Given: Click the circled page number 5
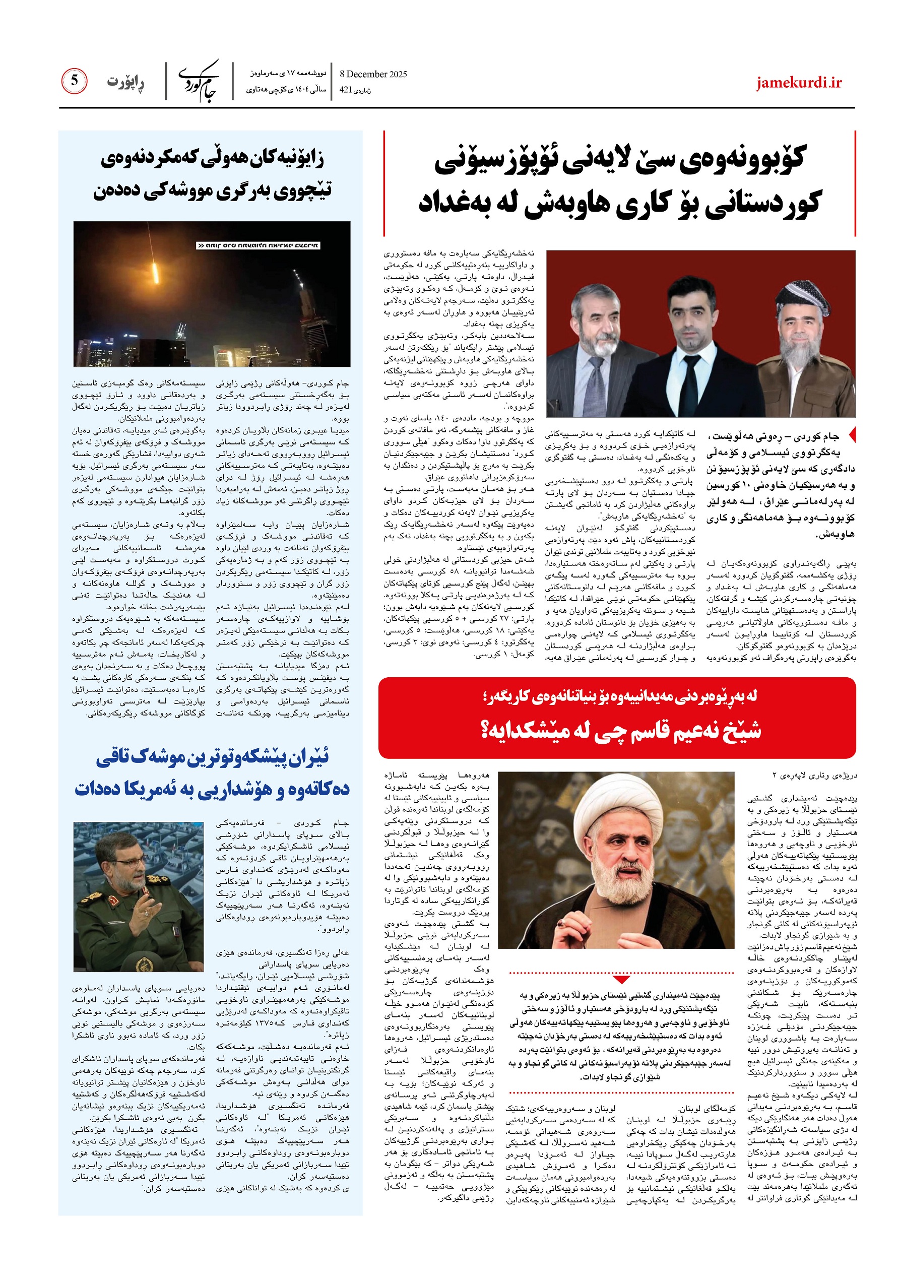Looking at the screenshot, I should (74, 82).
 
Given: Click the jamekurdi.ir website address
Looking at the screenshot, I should (798, 83).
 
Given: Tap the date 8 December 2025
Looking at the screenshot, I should (373, 74).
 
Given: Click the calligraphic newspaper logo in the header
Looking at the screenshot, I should (199, 82).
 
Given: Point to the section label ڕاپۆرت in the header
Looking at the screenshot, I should (125, 82).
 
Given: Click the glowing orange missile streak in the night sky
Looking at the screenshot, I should (155, 272).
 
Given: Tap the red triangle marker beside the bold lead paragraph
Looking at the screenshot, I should (852, 434).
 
